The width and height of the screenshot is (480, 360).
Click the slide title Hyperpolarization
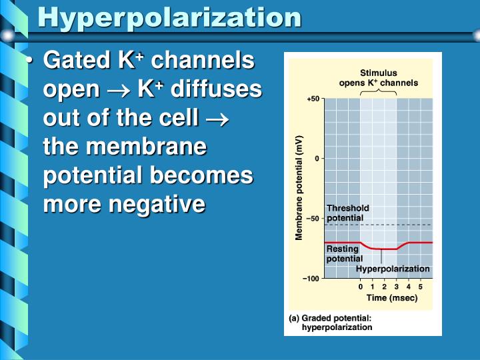click(x=169, y=17)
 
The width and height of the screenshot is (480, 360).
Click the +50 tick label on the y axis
click(x=313, y=99)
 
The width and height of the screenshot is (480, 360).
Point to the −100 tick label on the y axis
click(x=311, y=278)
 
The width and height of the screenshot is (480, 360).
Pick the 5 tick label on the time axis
click(x=420, y=287)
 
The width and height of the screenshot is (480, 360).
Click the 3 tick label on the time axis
click(x=396, y=287)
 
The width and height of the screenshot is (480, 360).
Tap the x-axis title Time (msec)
click(x=391, y=298)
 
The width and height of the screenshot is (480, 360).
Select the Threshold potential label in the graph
click(x=347, y=213)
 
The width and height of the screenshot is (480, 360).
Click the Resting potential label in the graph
click(x=344, y=254)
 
